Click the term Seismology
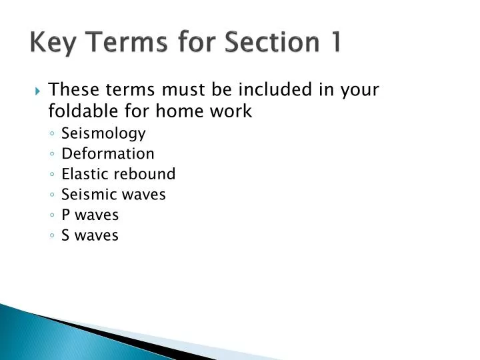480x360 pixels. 103,133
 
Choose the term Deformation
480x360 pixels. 107,153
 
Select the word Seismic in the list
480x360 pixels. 84,195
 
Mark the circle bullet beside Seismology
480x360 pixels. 52,134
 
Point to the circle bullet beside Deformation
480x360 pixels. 52,154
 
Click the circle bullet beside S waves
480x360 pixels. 52,236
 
